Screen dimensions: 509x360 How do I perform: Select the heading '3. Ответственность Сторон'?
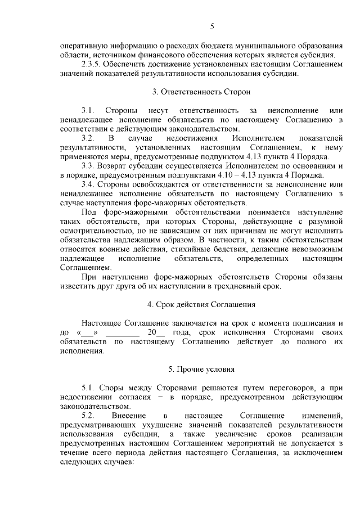coord(201,91)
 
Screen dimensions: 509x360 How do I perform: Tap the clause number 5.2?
coord(88,415)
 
